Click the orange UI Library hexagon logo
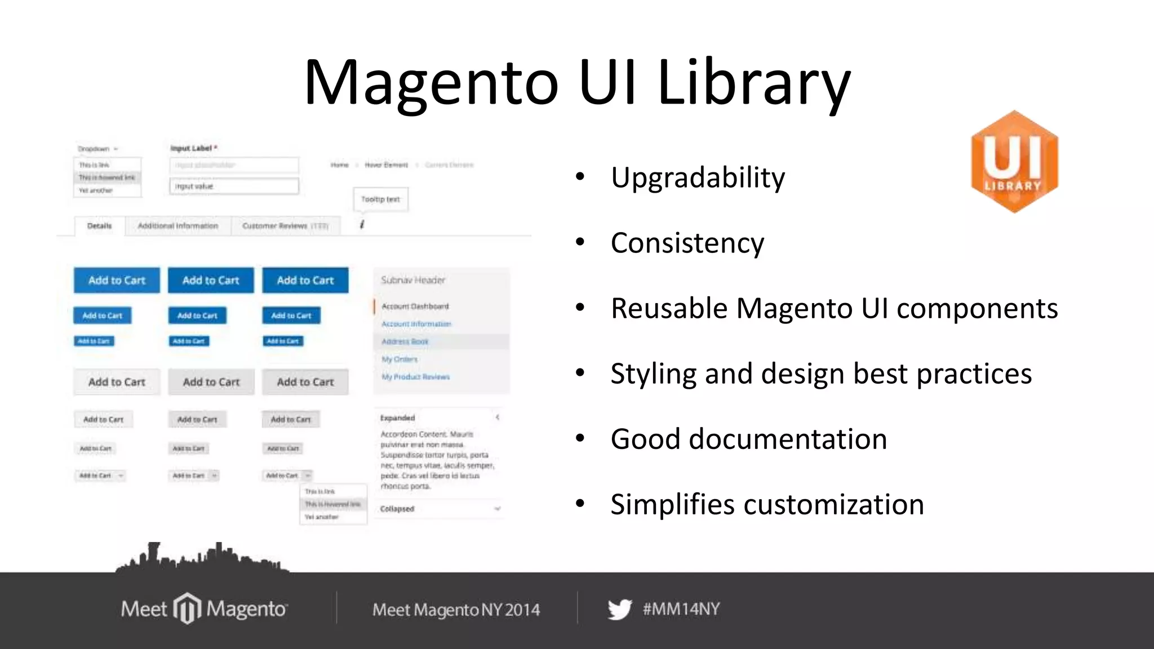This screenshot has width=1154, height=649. (x=1014, y=162)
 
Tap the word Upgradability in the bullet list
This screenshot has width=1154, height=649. (x=698, y=178)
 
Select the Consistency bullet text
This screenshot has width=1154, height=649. (x=687, y=243)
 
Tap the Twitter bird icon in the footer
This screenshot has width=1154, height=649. (x=619, y=610)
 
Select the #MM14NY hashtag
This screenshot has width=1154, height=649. (x=681, y=609)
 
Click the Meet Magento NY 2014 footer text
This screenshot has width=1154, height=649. (x=456, y=610)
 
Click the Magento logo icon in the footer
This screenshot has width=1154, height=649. (x=187, y=608)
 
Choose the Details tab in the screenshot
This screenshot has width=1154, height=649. (x=100, y=226)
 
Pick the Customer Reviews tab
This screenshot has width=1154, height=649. (x=285, y=226)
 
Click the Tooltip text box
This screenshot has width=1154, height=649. (x=380, y=199)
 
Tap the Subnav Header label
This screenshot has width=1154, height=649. (x=413, y=280)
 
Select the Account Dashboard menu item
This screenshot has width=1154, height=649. (x=415, y=306)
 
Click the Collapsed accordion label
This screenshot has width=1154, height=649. (x=397, y=509)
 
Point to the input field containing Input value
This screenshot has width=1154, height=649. (x=234, y=186)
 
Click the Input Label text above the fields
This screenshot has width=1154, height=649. (x=192, y=148)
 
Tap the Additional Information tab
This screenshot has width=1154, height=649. (x=178, y=226)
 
